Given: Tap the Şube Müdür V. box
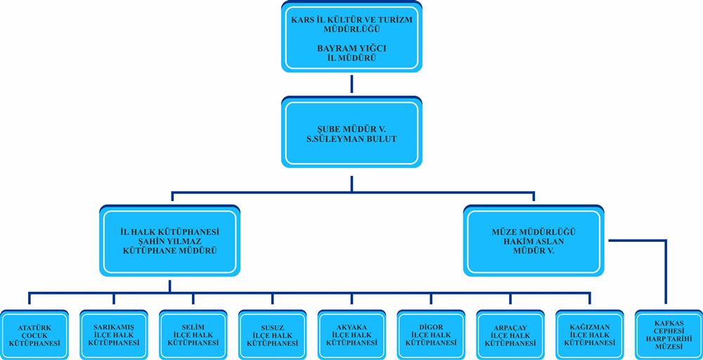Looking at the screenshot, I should point(351,134).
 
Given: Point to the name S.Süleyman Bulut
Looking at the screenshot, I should point(351,139).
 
